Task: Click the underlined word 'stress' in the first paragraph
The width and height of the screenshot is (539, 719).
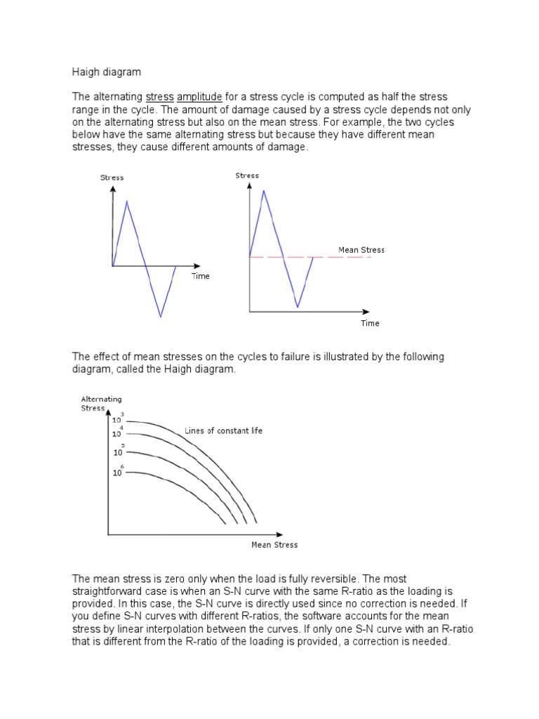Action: pos(159,97)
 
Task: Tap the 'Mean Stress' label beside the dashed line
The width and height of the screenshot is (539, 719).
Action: pos(361,250)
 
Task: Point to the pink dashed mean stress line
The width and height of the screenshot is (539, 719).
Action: pos(344,258)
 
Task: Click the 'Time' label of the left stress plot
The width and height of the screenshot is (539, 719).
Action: pos(200,276)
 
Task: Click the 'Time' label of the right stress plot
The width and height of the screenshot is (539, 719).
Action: pos(370,323)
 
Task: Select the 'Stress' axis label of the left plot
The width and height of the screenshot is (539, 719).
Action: pos(112,178)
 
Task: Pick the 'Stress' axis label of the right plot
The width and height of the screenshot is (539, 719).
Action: pos(247,176)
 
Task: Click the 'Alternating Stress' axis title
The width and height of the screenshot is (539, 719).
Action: pos(101,403)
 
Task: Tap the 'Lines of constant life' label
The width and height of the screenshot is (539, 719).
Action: pos(223,430)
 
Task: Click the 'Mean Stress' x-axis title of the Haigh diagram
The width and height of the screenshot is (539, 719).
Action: pos(274,544)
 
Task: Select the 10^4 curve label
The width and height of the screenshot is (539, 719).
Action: pos(118,432)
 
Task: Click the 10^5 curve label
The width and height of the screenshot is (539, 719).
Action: pos(119,451)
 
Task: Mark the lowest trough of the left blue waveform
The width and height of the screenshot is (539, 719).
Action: pos(161,317)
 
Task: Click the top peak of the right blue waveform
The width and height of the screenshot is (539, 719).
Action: pos(263,190)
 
